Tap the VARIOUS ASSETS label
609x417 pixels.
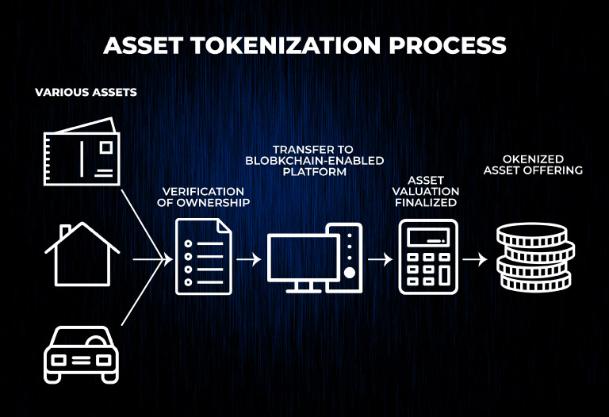point(86,93)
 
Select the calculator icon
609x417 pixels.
point(427,257)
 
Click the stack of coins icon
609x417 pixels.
point(534,257)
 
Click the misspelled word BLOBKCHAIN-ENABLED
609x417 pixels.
point(315,160)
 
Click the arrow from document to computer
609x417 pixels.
point(248,258)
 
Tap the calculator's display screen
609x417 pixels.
point(427,238)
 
